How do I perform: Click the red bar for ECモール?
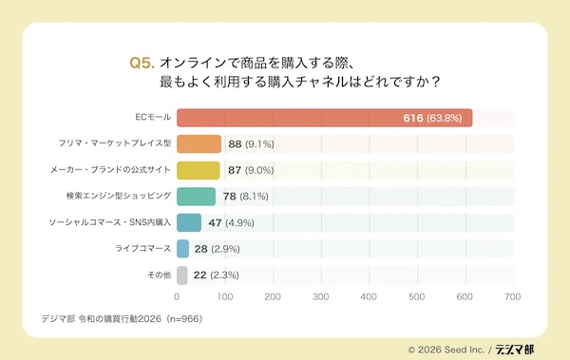[324, 119]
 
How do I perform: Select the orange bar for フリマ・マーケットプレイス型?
[199, 144]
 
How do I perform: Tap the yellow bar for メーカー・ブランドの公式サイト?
[199, 171]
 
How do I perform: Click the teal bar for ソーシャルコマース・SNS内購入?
[188, 223]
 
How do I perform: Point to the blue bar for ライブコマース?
[183, 249]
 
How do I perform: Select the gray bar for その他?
[181, 275]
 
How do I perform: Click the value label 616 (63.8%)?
[433, 119]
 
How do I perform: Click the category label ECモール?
[152, 119]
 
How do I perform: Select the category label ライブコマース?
[142, 249]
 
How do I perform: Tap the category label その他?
[158, 275]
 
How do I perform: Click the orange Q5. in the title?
[141, 63]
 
